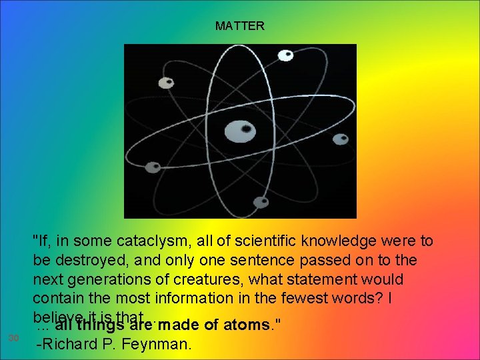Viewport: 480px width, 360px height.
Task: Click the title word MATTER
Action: tap(240, 26)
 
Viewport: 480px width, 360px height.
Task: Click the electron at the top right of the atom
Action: tap(285, 55)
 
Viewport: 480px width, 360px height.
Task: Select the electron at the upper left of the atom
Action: tap(165, 83)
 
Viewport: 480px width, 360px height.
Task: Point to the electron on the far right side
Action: tap(340, 139)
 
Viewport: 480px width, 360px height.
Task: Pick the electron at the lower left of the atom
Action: tap(153, 167)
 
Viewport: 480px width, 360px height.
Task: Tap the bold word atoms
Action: tap(247, 325)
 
